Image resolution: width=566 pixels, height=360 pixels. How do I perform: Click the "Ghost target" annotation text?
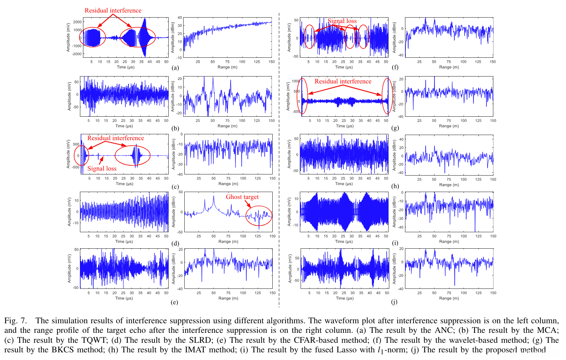(x=242, y=197)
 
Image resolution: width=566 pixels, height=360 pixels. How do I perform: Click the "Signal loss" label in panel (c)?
(x=102, y=168)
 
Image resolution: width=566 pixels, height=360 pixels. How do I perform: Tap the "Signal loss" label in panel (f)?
(x=342, y=21)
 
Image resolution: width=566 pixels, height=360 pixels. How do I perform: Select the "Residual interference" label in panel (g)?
(x=343, y=81)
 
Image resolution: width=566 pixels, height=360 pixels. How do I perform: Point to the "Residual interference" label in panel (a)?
(x=113, y=10)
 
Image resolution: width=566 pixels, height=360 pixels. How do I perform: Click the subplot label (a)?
(x=175, y=68)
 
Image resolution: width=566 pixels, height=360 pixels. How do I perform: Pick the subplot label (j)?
(x=394, y=301)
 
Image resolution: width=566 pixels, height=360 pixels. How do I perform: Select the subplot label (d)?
(x=175, y=243)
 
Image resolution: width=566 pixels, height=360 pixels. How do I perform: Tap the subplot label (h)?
(x=395, y=187)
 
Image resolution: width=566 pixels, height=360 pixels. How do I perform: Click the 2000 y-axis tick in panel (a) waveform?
(x=77, y=22)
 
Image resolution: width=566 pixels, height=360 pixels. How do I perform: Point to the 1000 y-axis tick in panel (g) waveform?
(x=296, y=81)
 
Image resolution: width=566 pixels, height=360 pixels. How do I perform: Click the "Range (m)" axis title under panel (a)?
(x=227, y=67)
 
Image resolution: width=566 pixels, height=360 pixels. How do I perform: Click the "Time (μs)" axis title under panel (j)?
(x=344, y=298)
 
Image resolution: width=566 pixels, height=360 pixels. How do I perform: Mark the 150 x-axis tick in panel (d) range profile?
(x=272, y=236)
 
